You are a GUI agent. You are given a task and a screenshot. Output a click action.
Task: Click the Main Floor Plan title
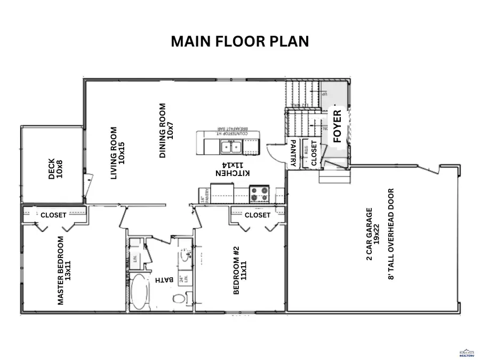click(x=239, y=42)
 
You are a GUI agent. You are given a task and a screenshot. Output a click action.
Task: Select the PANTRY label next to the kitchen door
click(x=293, y=154)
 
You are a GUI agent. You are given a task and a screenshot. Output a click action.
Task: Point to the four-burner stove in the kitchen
click(x=260, y=194)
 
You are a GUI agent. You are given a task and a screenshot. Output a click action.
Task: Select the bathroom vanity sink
click(x=185, y=255)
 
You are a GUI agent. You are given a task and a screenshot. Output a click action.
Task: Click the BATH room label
click(x=159, y=279)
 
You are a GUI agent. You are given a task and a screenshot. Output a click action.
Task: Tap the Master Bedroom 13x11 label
click(x=64, y=270)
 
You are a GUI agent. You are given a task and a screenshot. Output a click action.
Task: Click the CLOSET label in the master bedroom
click(x=54, y=215)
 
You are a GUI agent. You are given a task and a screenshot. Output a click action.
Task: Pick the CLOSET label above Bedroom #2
click(x=258, y=215)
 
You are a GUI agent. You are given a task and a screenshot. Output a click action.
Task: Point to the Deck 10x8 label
click(x=55, y=166)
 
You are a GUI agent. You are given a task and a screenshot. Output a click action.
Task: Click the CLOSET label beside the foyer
click(x=314, y=153)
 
